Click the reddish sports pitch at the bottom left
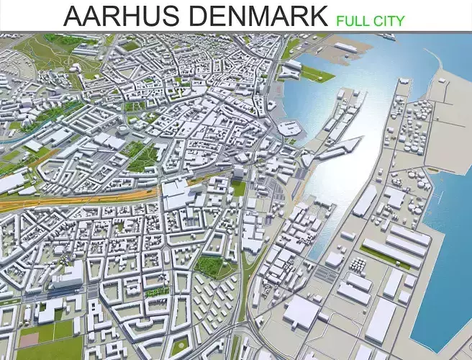point(29,338)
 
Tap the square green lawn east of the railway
point(238,188)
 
